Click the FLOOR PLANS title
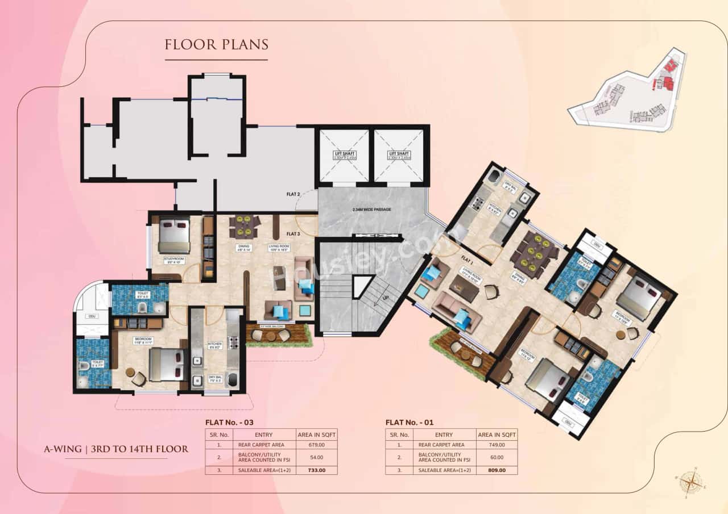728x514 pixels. (x=216, y=44)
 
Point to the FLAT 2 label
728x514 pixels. (x=293, y=194)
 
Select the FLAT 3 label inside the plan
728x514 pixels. (x=293, y=233)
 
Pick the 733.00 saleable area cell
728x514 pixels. (x=317, y=470)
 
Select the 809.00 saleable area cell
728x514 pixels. (x=497, y=470)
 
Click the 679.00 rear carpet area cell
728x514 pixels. (x=317, y=445)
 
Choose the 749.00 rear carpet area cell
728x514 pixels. (x=497, y=445)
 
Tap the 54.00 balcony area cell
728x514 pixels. (x=317, y=457)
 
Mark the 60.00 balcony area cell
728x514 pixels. (x=497, y=457)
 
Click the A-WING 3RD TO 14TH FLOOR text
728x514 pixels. (x=116, y=449)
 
